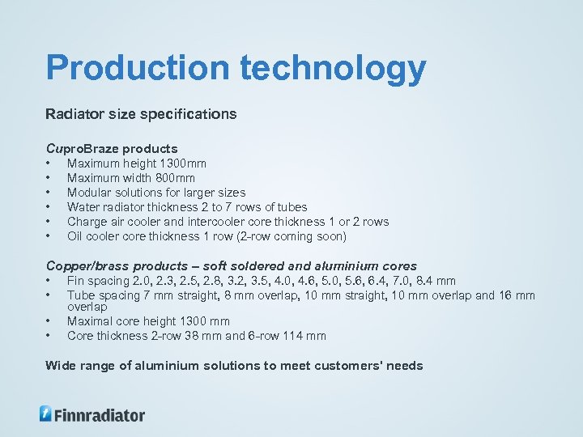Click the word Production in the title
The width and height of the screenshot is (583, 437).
click(138, 69)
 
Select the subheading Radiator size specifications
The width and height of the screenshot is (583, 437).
click(141, 114)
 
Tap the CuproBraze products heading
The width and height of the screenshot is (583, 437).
click(112, 149)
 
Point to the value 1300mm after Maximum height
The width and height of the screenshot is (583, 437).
click(183, 163)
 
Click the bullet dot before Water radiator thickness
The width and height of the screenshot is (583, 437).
click(49, 207)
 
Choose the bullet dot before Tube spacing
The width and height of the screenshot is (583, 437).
click(49, 295)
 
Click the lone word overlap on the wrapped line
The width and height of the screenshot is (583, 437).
click(87, 308)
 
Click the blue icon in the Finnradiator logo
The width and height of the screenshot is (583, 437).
click(46, 414)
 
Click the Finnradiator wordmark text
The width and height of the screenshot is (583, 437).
click(100, 415)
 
